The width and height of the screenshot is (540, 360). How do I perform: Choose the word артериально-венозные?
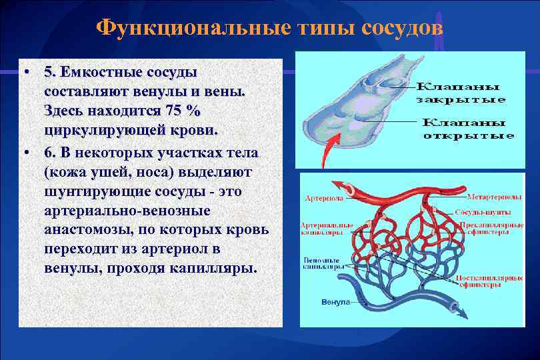[x=127, y=211]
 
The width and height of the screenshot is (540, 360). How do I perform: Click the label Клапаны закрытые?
[x=461, y=93]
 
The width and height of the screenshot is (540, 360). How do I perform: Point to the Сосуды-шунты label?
[x=483, y=212]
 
